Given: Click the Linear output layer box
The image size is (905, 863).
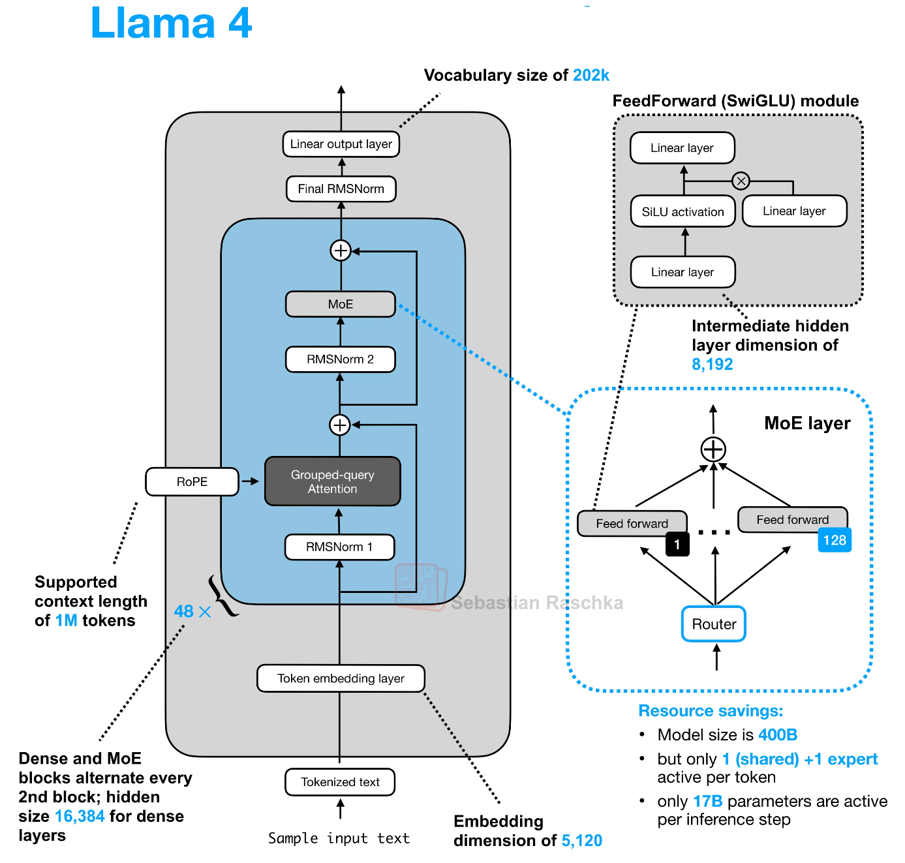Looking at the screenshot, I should (x=341, y=144).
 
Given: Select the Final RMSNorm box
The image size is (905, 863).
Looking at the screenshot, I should (x=341, y=189).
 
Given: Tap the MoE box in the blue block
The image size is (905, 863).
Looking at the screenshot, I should (x=341, y=304).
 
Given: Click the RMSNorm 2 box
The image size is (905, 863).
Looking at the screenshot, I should (x=341, y=359).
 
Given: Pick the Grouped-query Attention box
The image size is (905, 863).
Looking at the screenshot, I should (x=333, y=481).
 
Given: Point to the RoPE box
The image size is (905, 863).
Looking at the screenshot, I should (x=192, y=482).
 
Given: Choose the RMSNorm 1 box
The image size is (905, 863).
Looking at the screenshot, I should (x=339, y=547).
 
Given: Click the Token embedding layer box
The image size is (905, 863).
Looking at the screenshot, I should (x=341, y=678).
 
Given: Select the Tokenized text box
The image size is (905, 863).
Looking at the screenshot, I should (x=340, y=782).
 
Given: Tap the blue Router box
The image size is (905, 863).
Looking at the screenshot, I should (x=714, y=624).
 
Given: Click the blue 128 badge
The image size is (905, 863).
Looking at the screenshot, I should (x=835, y=540).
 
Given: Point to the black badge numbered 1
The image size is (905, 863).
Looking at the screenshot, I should (x=677, y=544).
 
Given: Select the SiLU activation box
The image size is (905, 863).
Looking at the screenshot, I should (x=683, y=211).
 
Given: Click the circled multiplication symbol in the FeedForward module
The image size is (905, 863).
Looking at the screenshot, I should (x=741, y=181).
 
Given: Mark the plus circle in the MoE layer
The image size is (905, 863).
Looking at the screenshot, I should (x=713, y=449).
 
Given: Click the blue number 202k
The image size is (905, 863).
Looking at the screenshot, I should (x=591, y=76).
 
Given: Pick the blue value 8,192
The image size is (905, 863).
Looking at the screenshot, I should (x=713, y=365).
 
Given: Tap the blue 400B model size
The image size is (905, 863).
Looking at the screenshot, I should (x=778, y=735).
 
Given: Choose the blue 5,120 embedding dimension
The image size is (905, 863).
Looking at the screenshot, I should (x=582, y=841).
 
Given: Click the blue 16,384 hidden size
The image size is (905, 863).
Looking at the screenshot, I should (x=80, y=817).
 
